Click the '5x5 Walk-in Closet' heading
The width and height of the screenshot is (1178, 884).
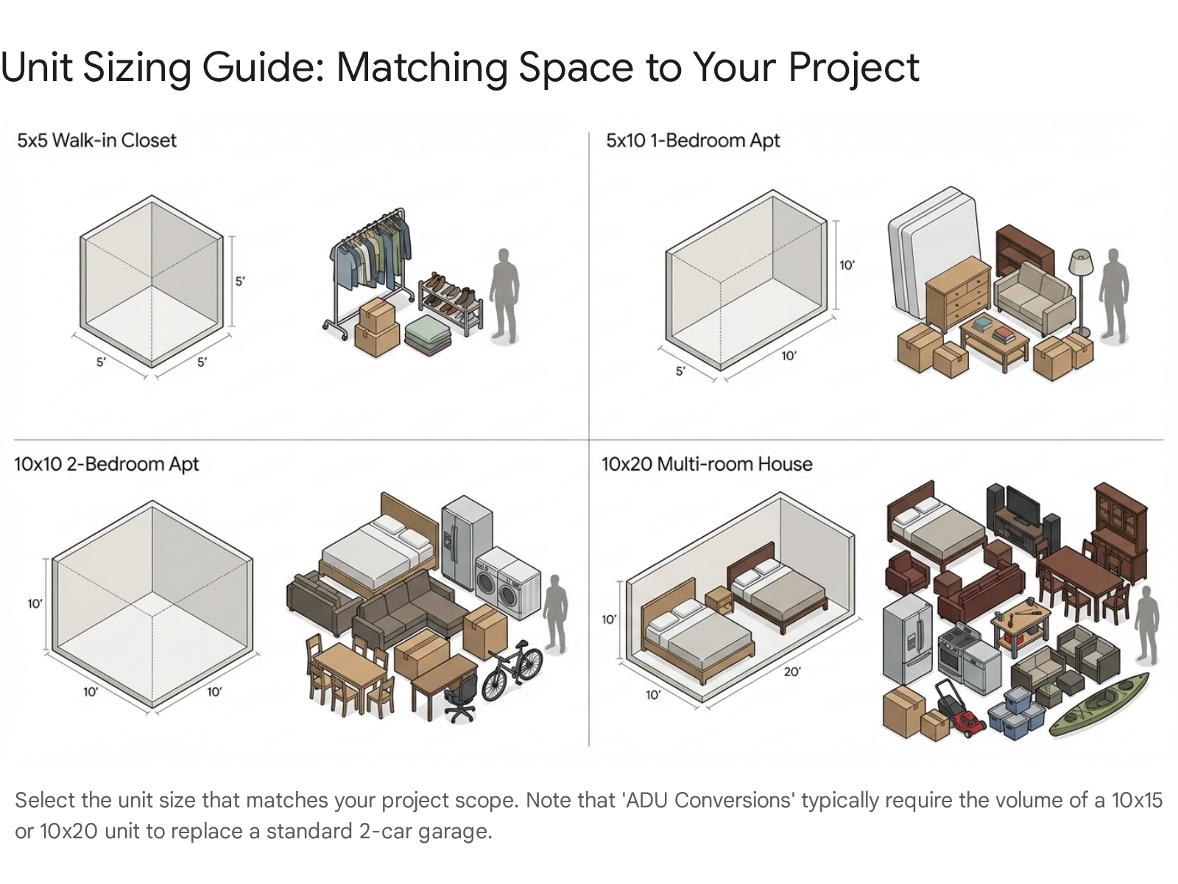point(96,141)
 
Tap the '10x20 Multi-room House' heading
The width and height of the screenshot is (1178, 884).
point(707,464)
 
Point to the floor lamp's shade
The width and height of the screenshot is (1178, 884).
point(1081,262)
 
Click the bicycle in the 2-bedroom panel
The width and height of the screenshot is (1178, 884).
point(512,670)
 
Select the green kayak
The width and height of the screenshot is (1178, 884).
point(1098,704)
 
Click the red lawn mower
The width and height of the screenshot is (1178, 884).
point(961,706)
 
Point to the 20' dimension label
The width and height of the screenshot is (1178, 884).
point(792,671)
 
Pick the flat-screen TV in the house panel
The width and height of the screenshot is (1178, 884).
point(1023,505)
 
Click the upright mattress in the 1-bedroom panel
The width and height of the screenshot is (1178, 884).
point(933,252)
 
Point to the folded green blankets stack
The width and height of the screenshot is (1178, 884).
point(428,335)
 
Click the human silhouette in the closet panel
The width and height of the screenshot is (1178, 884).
point(504,295)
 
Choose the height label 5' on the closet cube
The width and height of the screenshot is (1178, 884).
point(240,281)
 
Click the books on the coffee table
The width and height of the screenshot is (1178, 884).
point(994,331)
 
